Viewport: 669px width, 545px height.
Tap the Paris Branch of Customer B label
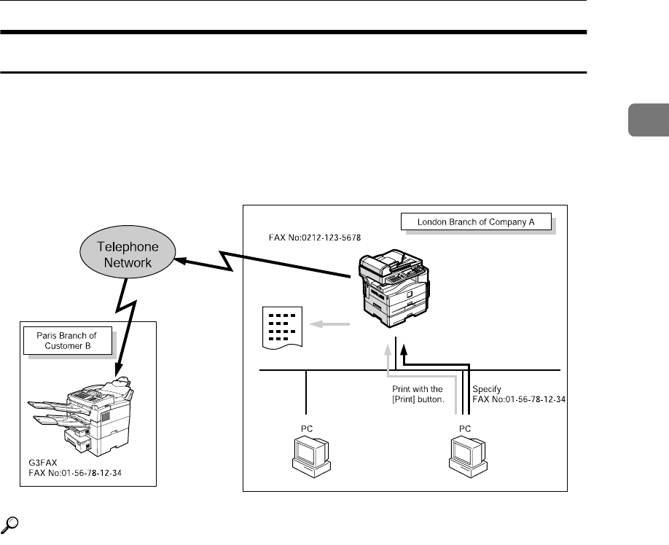pos(66,340)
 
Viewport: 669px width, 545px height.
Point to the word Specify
pos(488,389)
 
